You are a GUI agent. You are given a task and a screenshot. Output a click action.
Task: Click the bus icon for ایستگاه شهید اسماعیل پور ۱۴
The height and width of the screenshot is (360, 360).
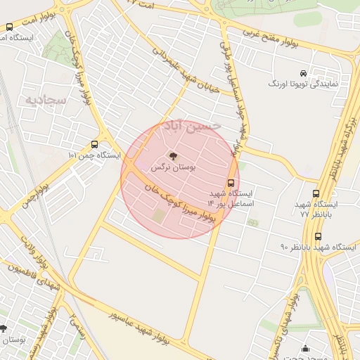tap(231, 180)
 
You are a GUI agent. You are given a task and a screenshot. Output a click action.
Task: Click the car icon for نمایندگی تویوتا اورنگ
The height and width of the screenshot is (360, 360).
tap(303, 73)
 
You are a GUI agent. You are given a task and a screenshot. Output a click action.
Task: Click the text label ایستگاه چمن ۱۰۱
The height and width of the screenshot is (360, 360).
tap(95, 155)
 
